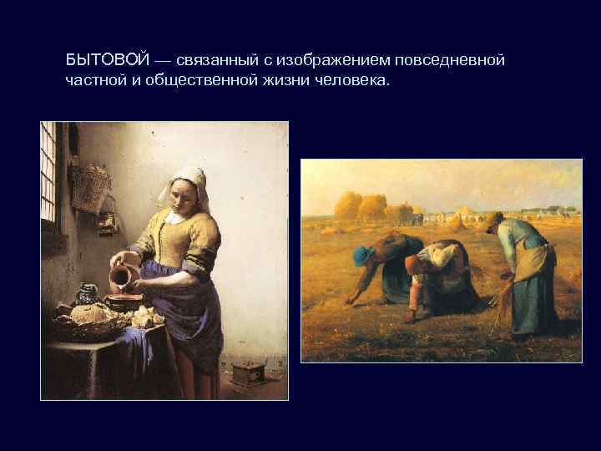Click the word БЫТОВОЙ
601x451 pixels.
(108, 62)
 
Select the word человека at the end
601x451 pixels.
(356, 81)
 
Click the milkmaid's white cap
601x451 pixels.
(189, 175)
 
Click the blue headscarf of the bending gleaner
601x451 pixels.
(366, 254)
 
